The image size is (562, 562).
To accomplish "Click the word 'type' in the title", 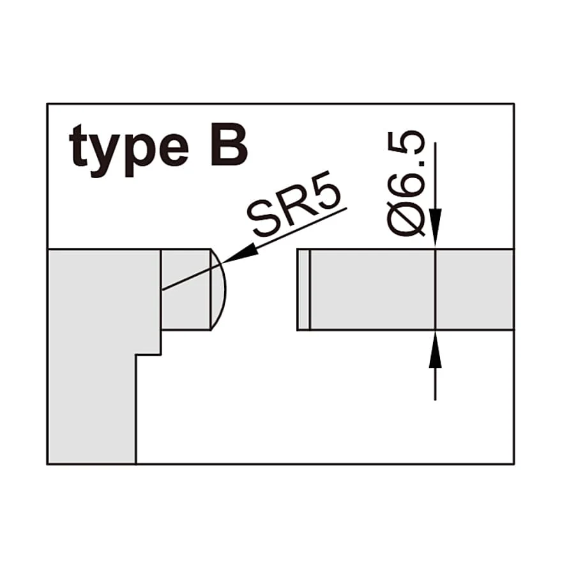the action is [x=129, y=151].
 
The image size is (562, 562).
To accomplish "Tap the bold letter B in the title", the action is [x=229, y=145].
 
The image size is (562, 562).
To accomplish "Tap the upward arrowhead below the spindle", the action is [x=435, y=349].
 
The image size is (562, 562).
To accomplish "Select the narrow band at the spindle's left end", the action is [x=303, y=289].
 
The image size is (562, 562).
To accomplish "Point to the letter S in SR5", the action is [x=262, y=222].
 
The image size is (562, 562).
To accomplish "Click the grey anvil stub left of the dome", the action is [x=186, y=289].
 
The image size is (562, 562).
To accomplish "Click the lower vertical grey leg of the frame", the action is [x=92, y=409].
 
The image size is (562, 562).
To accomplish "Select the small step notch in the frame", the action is [x=148, y=343].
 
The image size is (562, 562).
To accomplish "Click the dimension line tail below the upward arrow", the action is [x=435, y=384].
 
